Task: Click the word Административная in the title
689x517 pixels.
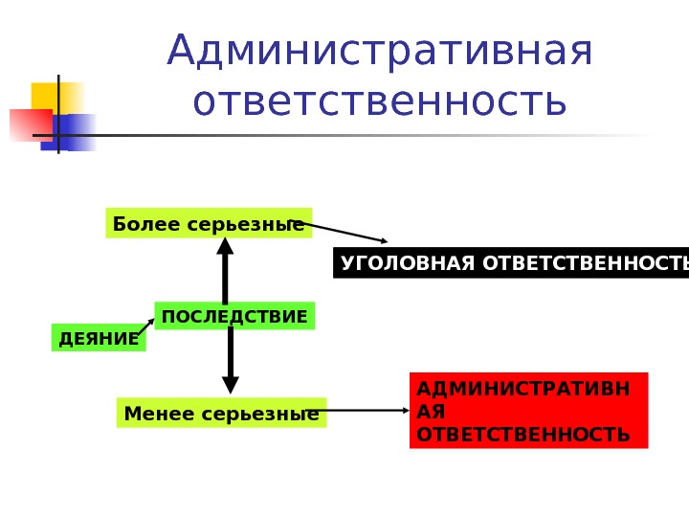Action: pos(380,53)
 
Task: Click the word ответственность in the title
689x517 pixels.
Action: pos(380,102)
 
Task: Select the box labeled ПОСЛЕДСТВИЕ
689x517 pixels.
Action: pos(234,316)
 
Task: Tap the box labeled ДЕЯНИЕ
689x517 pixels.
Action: pos(98,338)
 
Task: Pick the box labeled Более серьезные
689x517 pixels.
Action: pos(209,224)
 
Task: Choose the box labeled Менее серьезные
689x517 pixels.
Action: pos(221,414)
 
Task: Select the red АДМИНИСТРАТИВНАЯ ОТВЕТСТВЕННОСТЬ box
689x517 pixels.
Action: pos(528,411)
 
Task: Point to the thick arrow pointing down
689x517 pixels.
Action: pos(231,362)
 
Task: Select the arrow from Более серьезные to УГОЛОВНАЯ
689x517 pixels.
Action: pos(344,233)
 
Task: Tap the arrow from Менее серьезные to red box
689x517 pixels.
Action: pos(368,412)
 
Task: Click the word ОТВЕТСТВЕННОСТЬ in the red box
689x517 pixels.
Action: pos(524,435)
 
